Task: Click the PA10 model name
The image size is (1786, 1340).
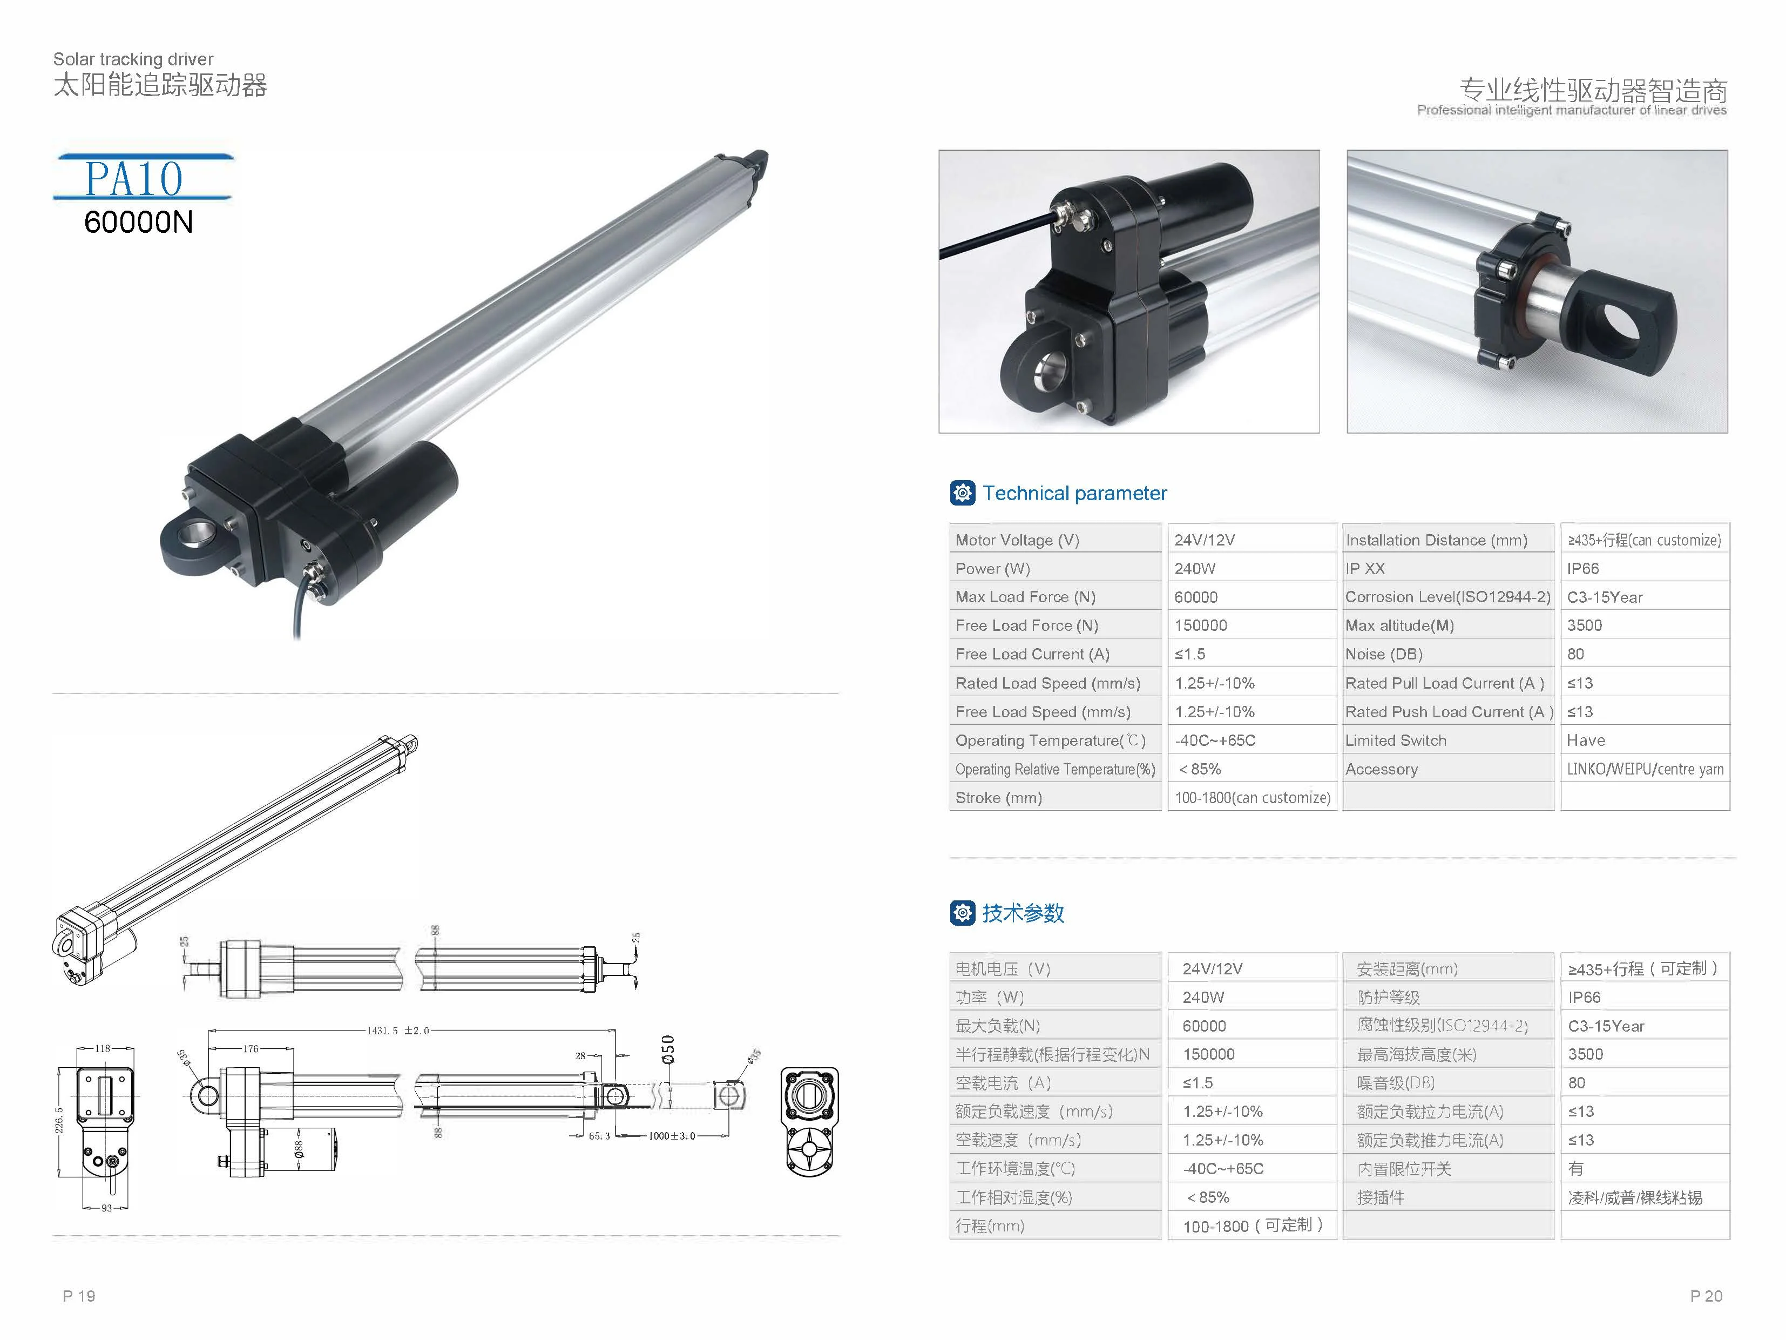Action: coord(134,179)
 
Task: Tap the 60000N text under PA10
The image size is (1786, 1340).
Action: coord(138,222)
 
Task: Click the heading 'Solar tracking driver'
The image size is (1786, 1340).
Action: coord(133,59)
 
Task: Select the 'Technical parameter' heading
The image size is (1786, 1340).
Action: coord(1074,494)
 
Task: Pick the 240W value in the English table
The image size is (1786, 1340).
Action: coord(1195,569)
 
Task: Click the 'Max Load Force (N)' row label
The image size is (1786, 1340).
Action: coord(1025,597)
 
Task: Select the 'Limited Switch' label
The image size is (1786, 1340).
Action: coord(1395,740)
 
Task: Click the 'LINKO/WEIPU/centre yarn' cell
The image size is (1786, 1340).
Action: coord(1645,769)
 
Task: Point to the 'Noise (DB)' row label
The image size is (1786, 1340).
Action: coord(1383,654)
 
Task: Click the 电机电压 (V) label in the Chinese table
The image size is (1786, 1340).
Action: coord(1003,968)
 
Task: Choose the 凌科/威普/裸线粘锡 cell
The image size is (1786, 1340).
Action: coord(1635,1197)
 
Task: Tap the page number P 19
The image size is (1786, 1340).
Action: coord(79,1296)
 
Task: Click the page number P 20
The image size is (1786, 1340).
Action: coord(1706,1296)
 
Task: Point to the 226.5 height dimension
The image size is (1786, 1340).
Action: coord(59,1120)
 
